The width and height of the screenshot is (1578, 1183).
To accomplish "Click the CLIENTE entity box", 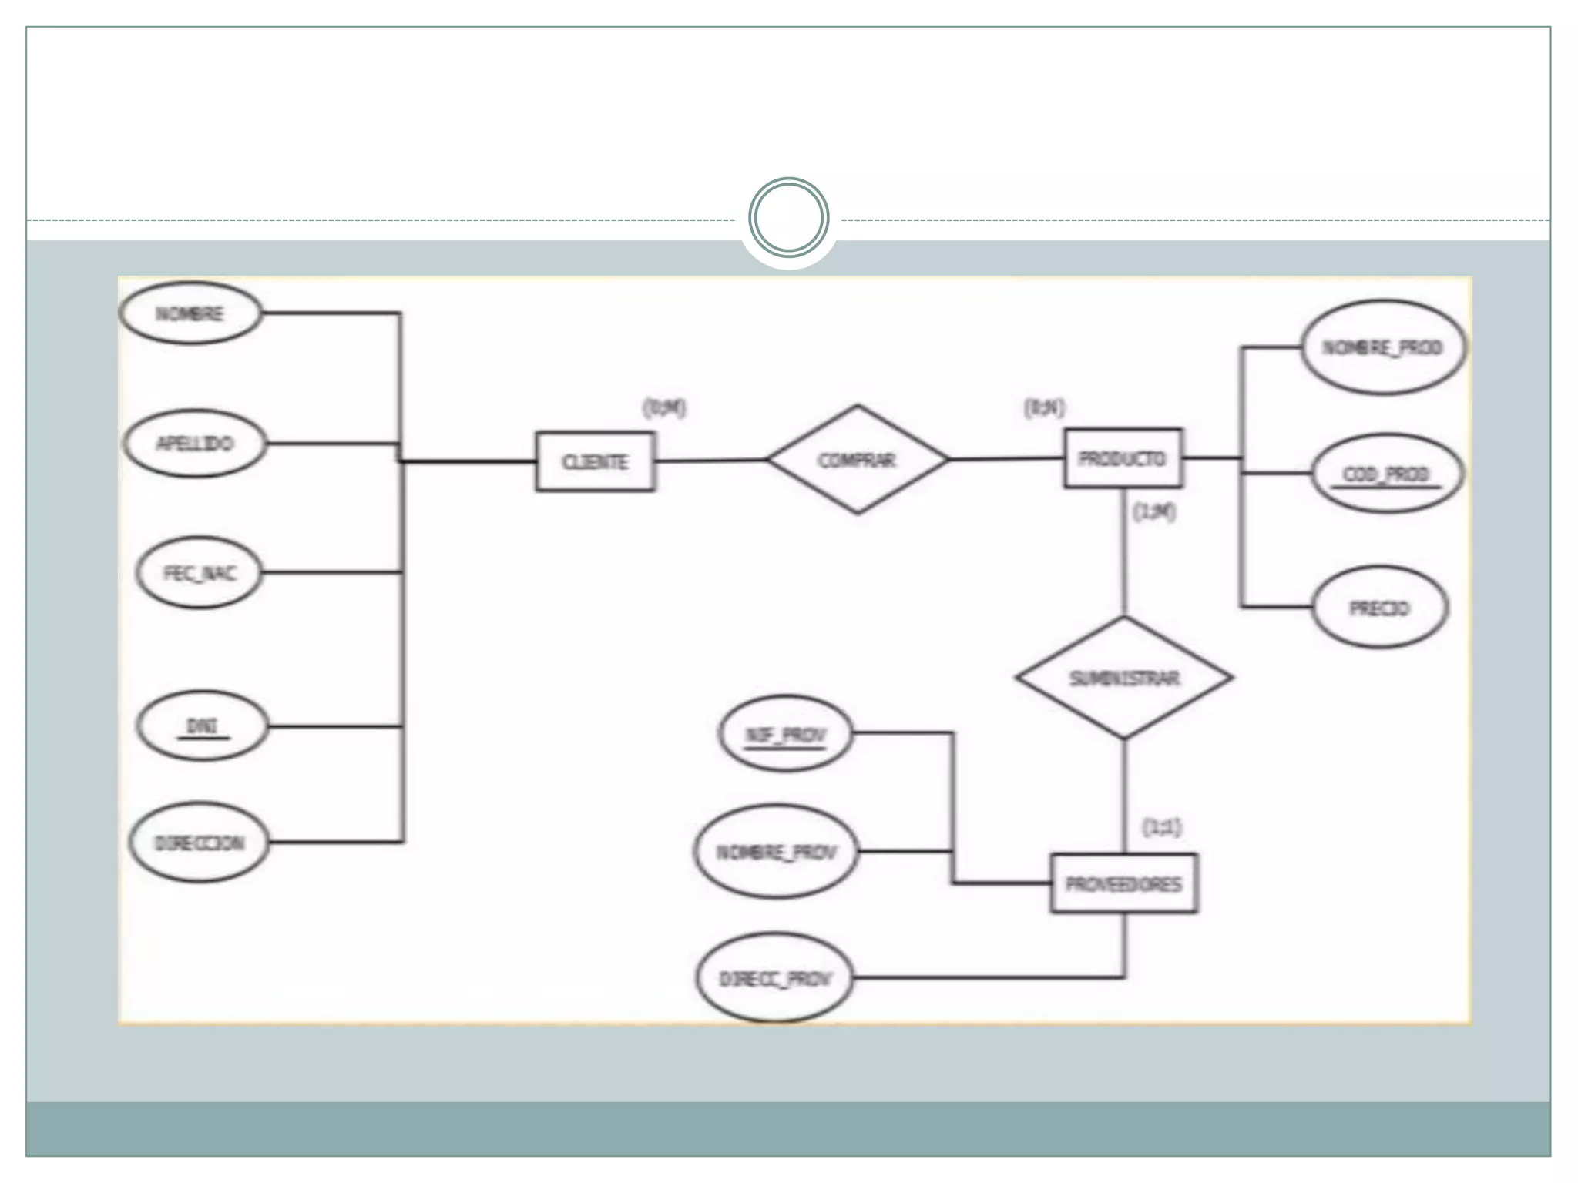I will (x=595, y=461).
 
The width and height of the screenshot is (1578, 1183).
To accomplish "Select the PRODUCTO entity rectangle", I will (x=1123, y=458).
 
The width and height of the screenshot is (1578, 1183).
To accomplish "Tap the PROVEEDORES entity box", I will (x=1123, y=883).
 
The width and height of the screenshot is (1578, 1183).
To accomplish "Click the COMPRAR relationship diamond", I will (x=857, y=460).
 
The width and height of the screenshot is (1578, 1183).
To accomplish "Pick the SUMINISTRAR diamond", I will (x=1123, y=678).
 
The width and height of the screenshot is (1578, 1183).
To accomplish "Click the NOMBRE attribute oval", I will (x=190, y=313).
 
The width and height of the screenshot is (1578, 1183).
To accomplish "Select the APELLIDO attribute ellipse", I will (x=195, y=444).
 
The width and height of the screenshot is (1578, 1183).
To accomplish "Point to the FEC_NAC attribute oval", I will (x=200, y=574).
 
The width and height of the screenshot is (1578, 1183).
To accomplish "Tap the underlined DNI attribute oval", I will (x=202, y=726).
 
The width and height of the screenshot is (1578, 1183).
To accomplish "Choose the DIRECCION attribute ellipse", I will (x=200, y=843).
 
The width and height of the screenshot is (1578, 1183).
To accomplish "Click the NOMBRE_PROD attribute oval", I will (x=1382, y=347).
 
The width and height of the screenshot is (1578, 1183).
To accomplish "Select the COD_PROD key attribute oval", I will (x=1385, y=474).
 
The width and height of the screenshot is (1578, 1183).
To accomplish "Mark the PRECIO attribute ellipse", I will (x=1379, y=608).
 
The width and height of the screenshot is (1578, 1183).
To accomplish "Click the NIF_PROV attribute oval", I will (x=785, y=734).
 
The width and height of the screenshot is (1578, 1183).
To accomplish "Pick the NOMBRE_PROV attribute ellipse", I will (x=776, y=852).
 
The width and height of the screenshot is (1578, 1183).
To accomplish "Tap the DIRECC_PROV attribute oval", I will (x=775, y=979).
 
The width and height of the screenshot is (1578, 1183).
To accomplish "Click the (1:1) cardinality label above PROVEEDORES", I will (x=1160, y=828).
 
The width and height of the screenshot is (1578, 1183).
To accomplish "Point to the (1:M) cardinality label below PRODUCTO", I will (x=1153, y=512).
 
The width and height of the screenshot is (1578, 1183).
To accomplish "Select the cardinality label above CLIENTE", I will (x=664, y=408).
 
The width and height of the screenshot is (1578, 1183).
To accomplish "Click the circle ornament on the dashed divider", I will (x=788, y=218).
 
